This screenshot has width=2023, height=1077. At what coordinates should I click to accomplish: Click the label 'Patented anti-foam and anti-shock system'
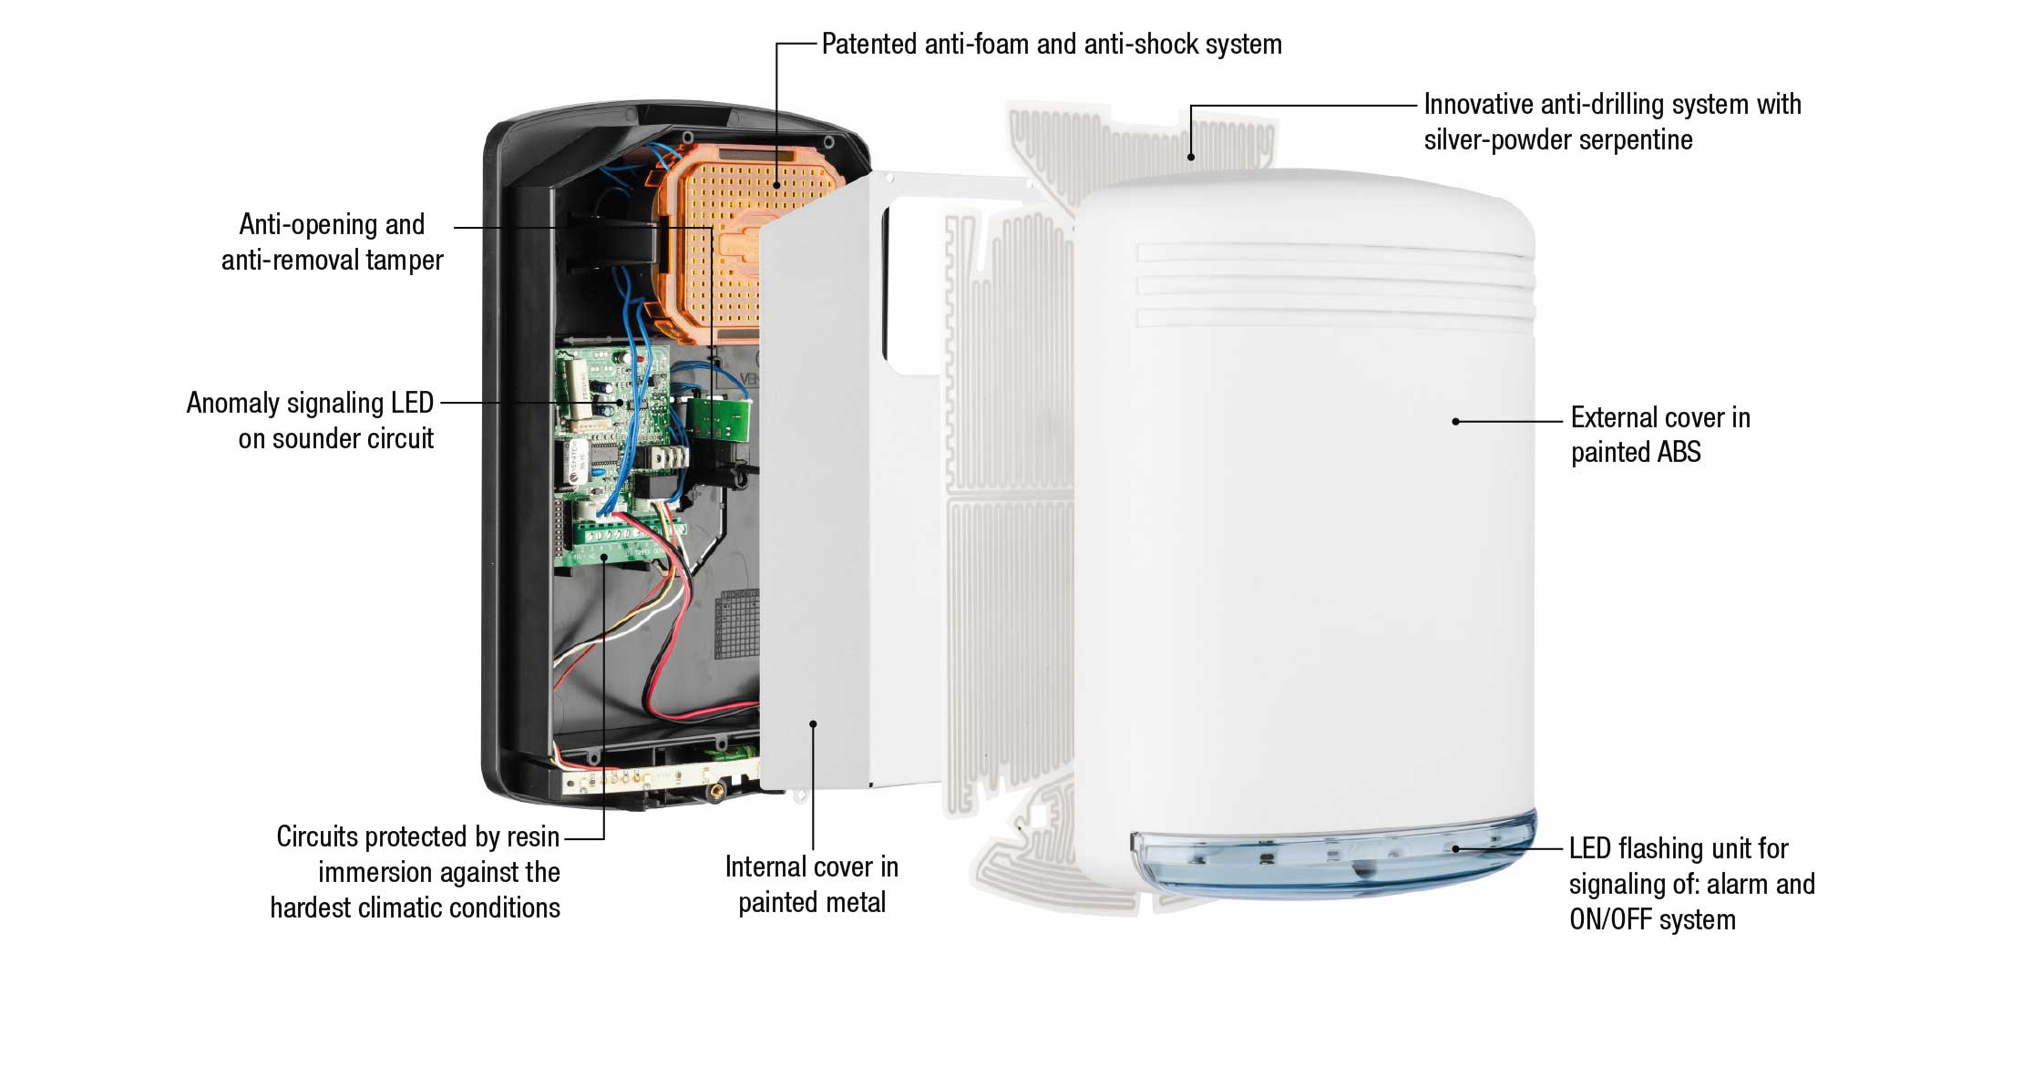tap(1052, 44)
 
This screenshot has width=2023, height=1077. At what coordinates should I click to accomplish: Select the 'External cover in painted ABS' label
tap(1660, 435)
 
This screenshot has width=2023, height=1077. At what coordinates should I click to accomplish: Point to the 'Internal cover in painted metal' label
tap(812, 884)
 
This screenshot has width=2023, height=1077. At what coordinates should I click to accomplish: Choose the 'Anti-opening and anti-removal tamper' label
tap(332, 241)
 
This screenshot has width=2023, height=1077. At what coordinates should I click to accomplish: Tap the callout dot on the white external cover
tap(1455, 421)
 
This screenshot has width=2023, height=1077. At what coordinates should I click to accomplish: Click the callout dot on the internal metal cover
tap(813, 723)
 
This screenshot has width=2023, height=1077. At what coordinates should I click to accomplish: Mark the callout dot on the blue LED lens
tap(1455, 848)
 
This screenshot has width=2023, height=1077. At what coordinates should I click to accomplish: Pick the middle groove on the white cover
tap(1335, 285)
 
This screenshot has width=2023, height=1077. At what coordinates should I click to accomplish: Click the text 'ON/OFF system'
tap(1652, 919)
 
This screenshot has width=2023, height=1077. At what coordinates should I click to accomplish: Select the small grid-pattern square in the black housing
tap(737, 624)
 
